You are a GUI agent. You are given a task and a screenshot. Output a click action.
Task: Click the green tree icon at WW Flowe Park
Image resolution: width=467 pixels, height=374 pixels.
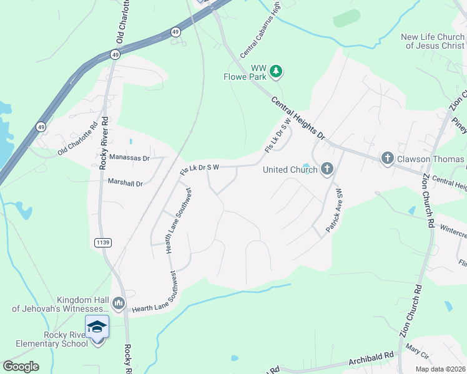[x=276, y=72]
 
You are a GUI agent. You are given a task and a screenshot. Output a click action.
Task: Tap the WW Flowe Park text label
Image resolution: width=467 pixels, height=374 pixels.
[x=250, y=72]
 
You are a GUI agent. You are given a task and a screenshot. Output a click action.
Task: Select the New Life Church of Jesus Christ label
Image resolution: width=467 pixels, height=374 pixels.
[x=433, y=41]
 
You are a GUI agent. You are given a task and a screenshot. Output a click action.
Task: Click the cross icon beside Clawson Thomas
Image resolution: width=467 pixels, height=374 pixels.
[x=387, y=158]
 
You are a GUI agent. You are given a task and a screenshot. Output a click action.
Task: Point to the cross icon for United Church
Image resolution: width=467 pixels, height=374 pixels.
[x=327, y=169]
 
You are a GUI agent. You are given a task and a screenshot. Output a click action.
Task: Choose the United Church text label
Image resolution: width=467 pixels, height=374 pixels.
[x=290, y=170]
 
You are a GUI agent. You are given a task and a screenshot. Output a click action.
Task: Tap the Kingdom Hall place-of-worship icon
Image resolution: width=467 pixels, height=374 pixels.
[x=119, y=304]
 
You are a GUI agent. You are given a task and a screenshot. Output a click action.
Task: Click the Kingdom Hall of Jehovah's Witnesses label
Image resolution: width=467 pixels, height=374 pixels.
[x=61, y=304]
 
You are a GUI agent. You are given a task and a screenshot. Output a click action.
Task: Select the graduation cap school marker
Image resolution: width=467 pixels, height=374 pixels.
[x=97, y=327]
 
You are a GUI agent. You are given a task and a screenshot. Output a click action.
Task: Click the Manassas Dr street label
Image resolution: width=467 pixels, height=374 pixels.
[x=129, y=158]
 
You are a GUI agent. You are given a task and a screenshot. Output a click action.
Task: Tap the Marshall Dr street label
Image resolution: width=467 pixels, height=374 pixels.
[x=125, y=183]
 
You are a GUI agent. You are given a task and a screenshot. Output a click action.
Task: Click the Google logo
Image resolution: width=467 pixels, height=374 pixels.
[x=21, y=367]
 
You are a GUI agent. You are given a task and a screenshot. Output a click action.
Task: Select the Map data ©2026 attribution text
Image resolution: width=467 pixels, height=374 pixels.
[x=440, y=369]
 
